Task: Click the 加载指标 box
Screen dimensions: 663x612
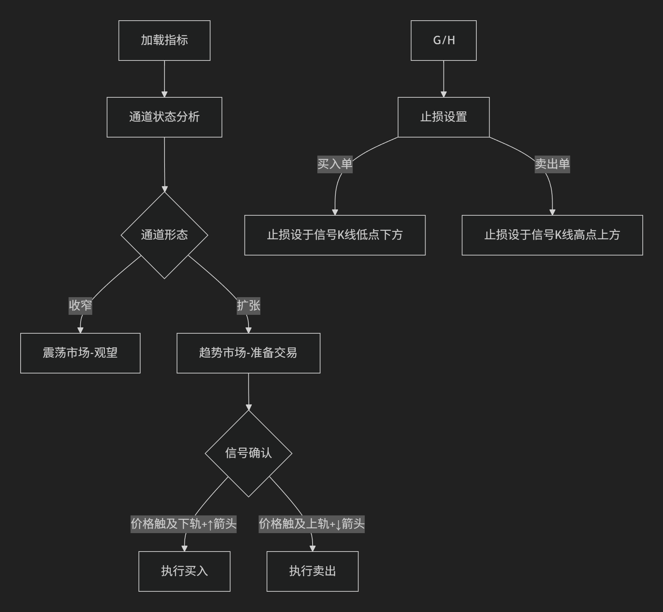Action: click(164, 41)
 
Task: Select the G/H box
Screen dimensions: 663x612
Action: click(444, 41)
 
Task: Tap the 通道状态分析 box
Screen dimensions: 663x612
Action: click(164, 117)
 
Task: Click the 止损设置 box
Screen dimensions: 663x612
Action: click(444, 117)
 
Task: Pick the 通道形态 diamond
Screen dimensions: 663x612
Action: click(164, 235)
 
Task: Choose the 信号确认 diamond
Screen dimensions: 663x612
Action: click(248, 453)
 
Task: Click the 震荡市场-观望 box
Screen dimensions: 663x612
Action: click(80, 353)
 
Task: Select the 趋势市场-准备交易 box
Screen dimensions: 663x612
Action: click(248, 353)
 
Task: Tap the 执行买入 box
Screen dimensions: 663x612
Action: click(184, 571)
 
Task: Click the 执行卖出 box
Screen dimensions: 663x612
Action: click(313, 571)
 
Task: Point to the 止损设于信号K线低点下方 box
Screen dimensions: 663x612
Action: click(335, 235)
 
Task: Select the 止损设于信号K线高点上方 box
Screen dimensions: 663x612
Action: click(552, 235)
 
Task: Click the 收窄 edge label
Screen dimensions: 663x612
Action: click(80, 306)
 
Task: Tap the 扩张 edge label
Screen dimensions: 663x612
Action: click(248, 306)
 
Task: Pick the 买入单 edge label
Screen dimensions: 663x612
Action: click(335, 164)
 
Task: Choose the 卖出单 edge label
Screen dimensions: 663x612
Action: click(552, 164)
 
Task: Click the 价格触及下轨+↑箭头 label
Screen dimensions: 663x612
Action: click(184, 524)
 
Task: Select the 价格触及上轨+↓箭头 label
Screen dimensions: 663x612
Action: click(312, 524)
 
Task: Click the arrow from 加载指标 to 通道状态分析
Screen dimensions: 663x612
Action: click(164, 79)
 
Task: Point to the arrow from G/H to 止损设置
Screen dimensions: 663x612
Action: click(444, 79)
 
